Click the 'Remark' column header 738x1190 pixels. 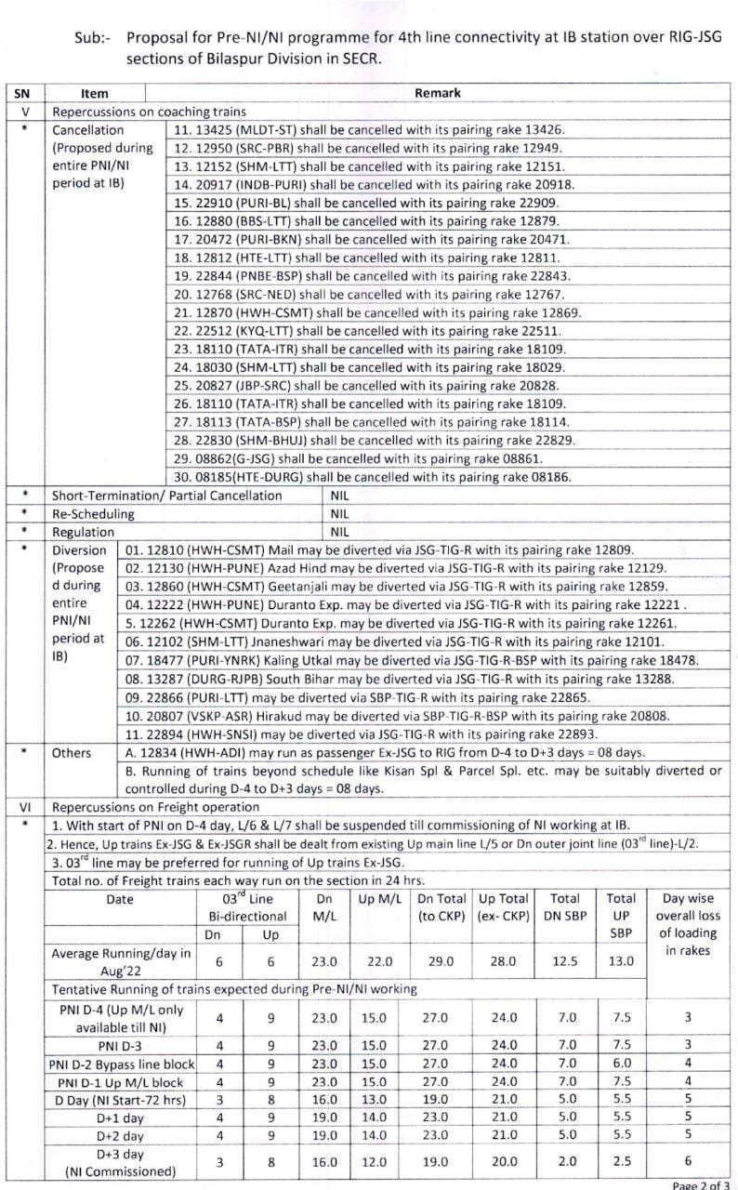click(437, 93)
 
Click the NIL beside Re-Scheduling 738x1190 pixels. click(339, 514)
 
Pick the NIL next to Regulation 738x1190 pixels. click(339, 533)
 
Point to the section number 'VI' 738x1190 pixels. click(25, 807)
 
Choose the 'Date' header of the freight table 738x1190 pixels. click(120, 899)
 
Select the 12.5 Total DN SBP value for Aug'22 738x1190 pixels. click(564, 962)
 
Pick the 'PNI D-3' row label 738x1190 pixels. click(120, 1045)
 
